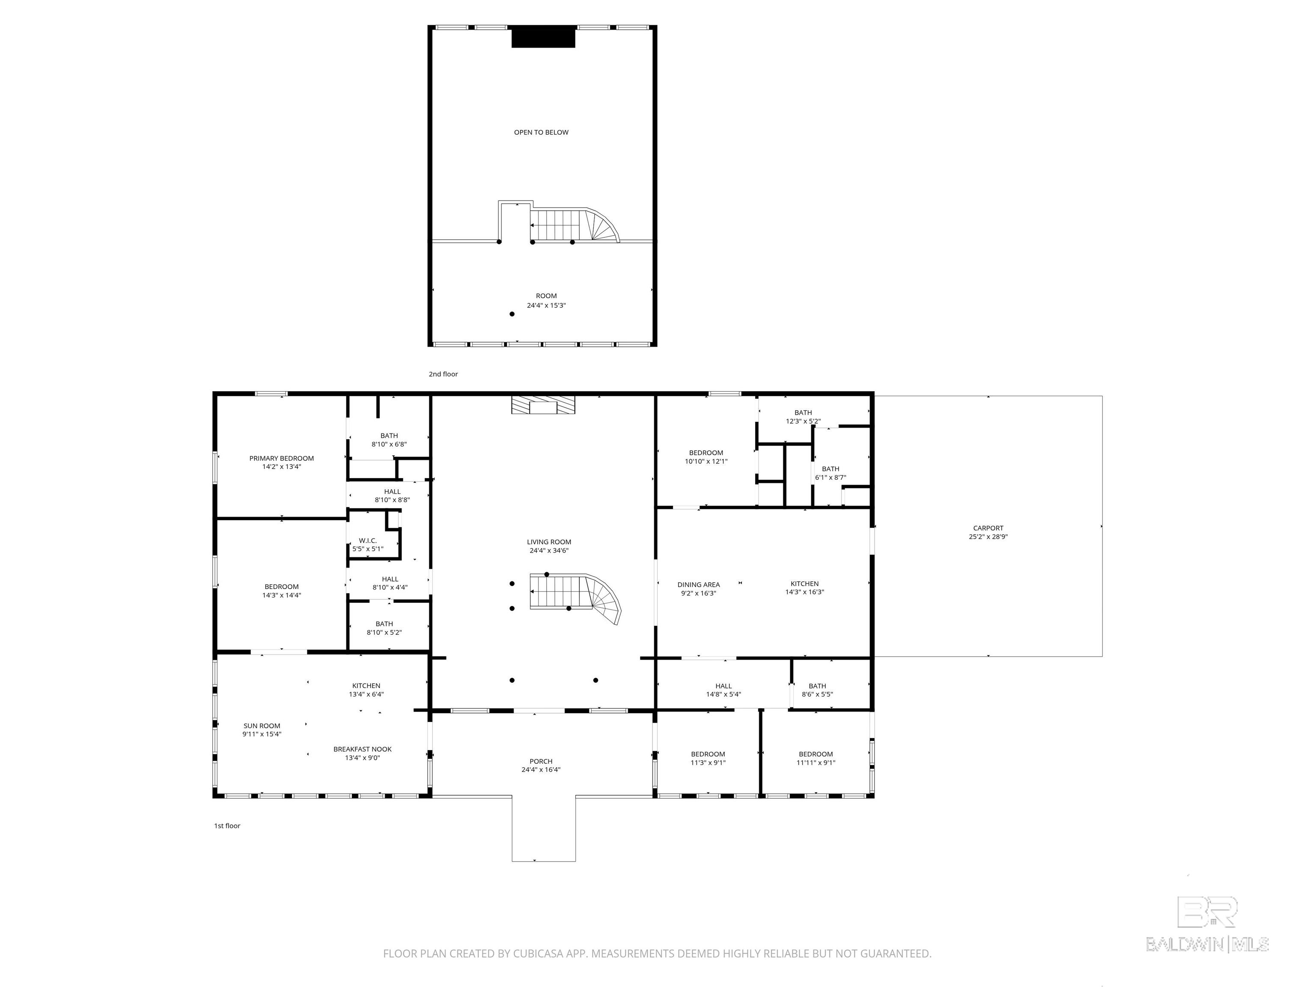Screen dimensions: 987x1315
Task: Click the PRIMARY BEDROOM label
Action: point(281,458)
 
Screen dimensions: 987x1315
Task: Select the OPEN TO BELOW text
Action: point(541,132)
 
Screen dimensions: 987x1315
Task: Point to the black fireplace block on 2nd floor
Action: point(543,37)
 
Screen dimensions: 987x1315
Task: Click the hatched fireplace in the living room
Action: point(543,406)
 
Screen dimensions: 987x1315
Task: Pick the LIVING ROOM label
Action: point(549,542)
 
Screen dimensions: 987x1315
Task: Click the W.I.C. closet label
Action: point(367,541)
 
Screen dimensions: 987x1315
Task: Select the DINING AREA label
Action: point(699,585)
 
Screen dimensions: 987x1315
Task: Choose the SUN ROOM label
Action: point(262,726)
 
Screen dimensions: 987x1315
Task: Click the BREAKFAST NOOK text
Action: point(362,749)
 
